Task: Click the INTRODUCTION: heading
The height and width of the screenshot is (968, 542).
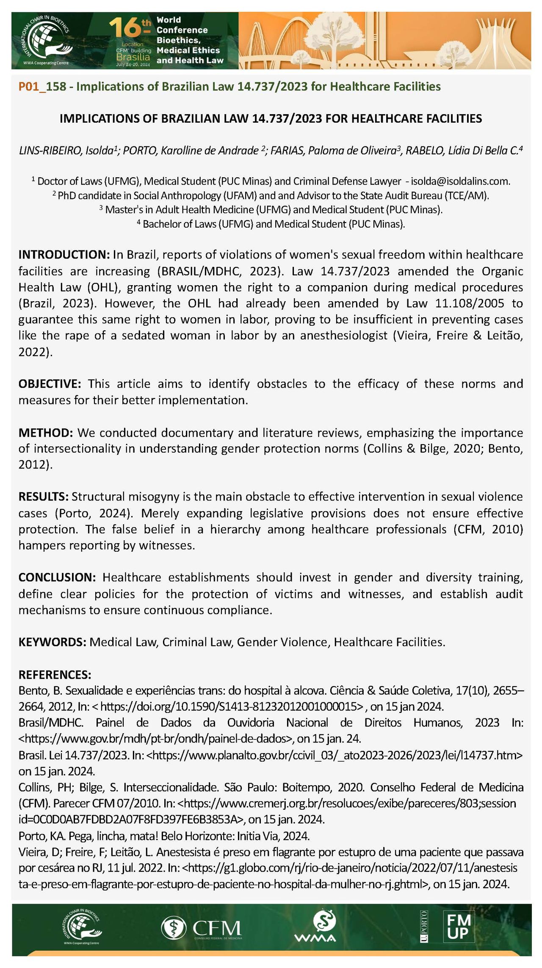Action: [64, 255]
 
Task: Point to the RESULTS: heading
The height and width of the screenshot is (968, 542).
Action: [44, 497]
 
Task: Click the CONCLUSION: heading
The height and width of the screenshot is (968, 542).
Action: [58, 577]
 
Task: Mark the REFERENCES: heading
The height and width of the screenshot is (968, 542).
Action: [55, 674]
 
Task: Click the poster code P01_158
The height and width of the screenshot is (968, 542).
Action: [42, 87]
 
